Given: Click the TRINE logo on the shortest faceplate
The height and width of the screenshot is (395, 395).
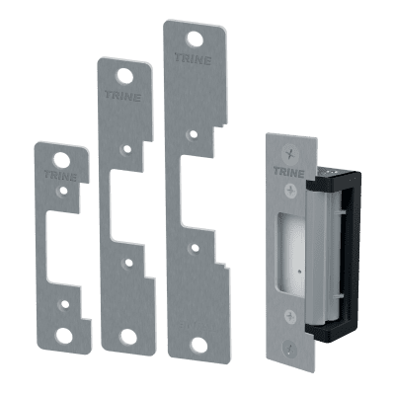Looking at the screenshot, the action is pyautogui.click(x=60, y=176).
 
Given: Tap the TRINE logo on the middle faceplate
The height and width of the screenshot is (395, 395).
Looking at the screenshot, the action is pyautogui.click(x=123, y=96).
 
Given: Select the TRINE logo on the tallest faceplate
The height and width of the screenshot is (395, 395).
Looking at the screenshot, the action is pyautogui.click(x=193, y=59).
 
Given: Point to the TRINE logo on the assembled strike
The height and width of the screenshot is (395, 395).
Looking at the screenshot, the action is pyautogui.click(x=288, y=172).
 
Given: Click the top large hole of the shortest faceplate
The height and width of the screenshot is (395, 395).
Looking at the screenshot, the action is pyautogui.click(x=61, y=159).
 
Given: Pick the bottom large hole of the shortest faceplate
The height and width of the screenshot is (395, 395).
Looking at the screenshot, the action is pyautogui.click(x=64, y=335).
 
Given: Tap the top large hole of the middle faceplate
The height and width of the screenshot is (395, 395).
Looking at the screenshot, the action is pyautogui.click(x=125, y=76).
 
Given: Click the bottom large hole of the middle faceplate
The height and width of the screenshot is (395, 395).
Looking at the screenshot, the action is pyautogui.click(x=129, y=337).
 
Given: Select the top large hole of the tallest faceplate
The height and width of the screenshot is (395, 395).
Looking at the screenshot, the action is pyautogui.click(x=196, y=39).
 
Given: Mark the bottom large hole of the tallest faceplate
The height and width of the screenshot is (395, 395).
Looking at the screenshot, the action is pyautogui.click(x=199, y=345).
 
